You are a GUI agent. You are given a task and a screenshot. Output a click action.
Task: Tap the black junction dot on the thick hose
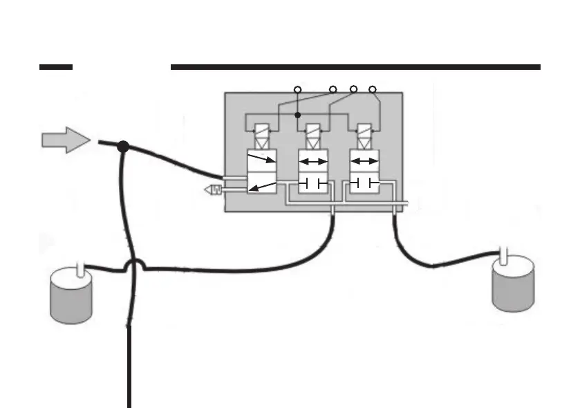(x=123, y=147)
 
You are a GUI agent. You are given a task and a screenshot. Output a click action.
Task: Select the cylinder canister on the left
(x=71, y=295)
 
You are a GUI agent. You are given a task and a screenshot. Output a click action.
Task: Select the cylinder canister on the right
(x=513, y=283)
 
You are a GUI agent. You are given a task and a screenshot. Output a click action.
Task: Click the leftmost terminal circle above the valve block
(x=297, y=89)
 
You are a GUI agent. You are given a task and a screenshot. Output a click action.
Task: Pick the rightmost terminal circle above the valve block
(x=373, y=89)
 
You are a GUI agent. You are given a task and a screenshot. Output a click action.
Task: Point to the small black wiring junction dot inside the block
(x=297, y=115)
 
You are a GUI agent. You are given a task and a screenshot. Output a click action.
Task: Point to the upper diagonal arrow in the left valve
(x=262, y=160)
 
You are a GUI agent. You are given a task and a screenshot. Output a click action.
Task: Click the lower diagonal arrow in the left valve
(x=262, y=185)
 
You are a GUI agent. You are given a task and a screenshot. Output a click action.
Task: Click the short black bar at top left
(x=56, y=67)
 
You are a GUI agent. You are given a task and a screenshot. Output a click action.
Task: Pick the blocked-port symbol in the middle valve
(x=312, y=183)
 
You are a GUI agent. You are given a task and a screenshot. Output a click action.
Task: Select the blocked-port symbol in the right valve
(x=364, y=183)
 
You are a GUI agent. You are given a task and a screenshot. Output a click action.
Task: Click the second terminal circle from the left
(x=333, y=89)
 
